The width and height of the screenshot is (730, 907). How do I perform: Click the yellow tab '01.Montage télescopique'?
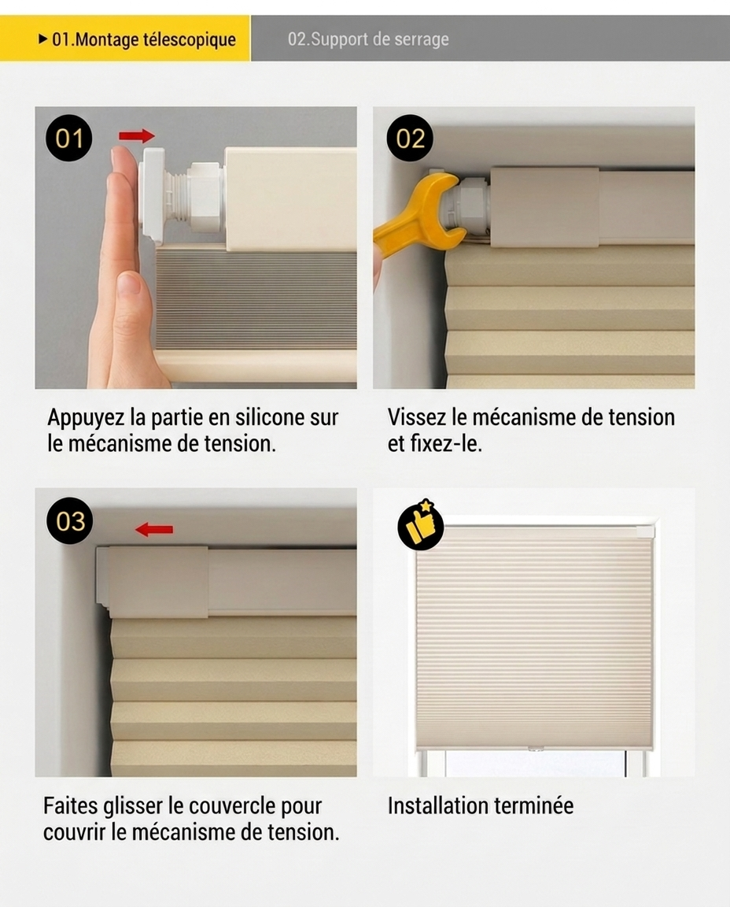pyautogui.click(x=125, y=38)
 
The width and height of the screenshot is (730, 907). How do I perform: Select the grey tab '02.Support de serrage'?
pyautogui.click(x=490, y=38)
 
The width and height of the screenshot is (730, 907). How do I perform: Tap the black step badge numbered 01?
pyautogui.click(x=68, y=139)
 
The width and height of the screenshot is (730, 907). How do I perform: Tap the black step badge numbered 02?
pyautogui.click(x=410, y=139)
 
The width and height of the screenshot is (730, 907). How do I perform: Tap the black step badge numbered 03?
pyautogui.click(x=70, y=520)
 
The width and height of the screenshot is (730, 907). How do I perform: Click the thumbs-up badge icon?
pyautogui.click(x=421, y=524)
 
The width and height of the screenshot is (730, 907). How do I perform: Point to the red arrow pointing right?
pyautogui.click(x=137, y=136)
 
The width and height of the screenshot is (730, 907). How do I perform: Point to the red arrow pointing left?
pyautogui.click(x=153, y=529)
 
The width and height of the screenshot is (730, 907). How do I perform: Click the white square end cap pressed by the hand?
pyautogui.click(x=153, y=194)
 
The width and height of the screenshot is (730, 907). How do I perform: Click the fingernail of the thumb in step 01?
pyautogui.click(x=127, y=284)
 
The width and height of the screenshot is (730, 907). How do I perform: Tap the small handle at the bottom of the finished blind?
pyautogui.click(x=535, y=749)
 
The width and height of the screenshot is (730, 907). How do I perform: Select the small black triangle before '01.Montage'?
pyautogui.click(x=42, y=39)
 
